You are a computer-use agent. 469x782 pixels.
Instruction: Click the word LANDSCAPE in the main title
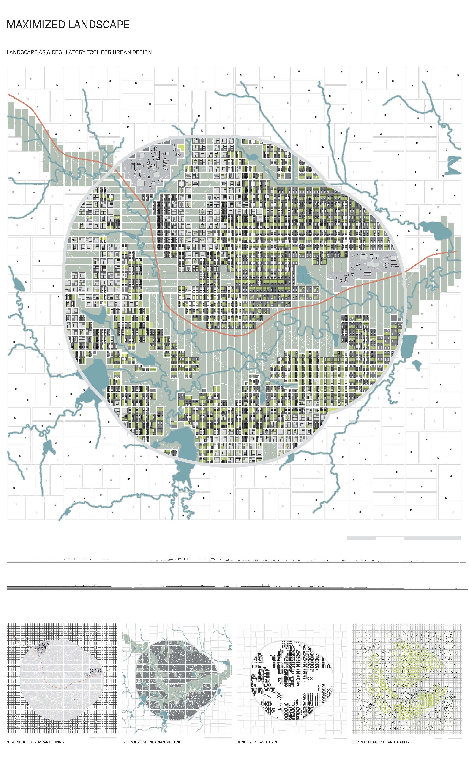click(x=99, y=25)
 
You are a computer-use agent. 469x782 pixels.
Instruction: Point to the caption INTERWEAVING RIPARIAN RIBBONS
click(x=151, y=742)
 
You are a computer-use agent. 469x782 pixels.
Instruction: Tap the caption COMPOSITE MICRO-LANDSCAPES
click(x=380, y=742)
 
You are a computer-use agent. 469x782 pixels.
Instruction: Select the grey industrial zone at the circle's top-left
click(x=149, y=166)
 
